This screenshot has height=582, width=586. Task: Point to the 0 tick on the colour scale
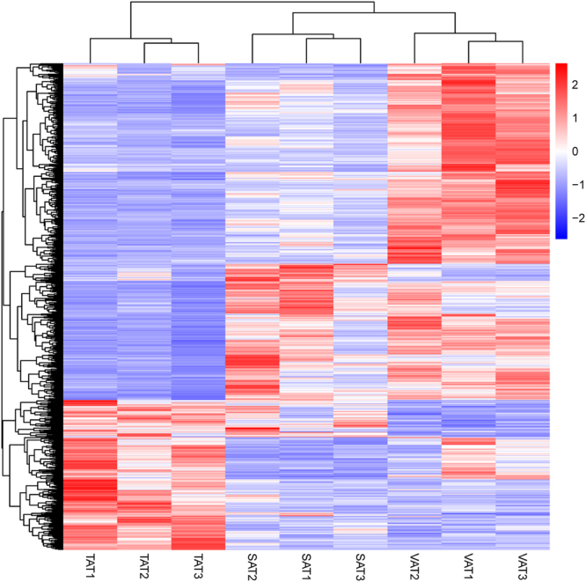(575, 151)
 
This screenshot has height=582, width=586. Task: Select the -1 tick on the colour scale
(576, 184)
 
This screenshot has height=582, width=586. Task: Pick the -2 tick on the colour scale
(576, 217)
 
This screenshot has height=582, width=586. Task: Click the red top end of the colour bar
(561, 67)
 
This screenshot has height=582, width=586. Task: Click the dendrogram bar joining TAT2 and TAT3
(172, 44)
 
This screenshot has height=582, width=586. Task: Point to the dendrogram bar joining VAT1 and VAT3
(495, 42)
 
